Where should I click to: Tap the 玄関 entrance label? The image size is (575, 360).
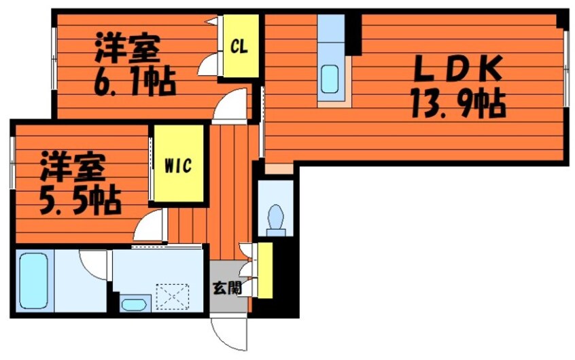pos(226,287)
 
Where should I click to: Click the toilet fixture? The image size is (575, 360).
pos(277,218)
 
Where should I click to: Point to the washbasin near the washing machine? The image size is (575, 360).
pos(133,304)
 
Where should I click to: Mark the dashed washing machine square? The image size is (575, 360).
pos(172,297)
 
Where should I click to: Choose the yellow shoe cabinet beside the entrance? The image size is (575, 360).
pos(264,270)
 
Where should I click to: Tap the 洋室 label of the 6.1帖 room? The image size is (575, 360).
pos(127,48)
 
